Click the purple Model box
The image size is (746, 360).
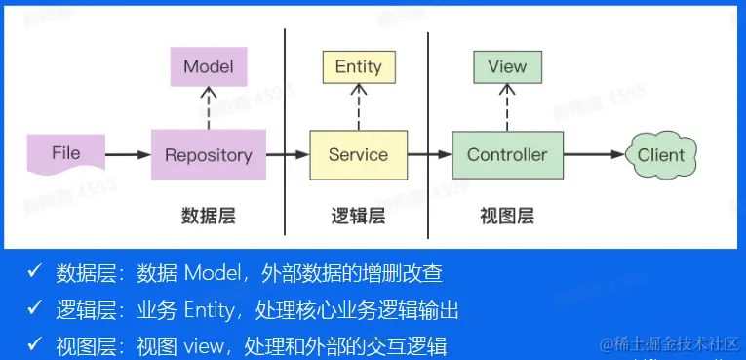click(x=209, y=66)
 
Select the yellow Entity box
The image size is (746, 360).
click(x=359, y=66)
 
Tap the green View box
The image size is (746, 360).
click(x=507, y=66)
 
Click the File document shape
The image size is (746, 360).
click(x=66, y=154)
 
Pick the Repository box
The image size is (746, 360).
click(x=209, y=155)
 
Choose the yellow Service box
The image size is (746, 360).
click(x=358, y=155)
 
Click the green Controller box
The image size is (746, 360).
click(x=507, y=155)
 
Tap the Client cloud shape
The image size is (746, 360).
click(x=661, y=155)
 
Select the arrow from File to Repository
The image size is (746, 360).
click(x=129, y=154)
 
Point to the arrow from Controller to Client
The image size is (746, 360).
click(x=594, y=154)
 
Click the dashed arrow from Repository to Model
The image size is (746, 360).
click(x=209, y=108)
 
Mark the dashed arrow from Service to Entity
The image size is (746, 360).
click(x=359, y=106)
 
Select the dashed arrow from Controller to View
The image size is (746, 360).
click(x=507, y=107)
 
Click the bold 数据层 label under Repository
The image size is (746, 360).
click(x=209, y=217)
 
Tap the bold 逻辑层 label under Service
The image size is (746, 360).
click(x=358, y=217)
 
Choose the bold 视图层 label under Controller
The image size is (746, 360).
click(x=507, y=217)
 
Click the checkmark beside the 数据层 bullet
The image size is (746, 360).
click(x=35, y=272)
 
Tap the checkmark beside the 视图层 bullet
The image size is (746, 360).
click(x=35, y=345)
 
